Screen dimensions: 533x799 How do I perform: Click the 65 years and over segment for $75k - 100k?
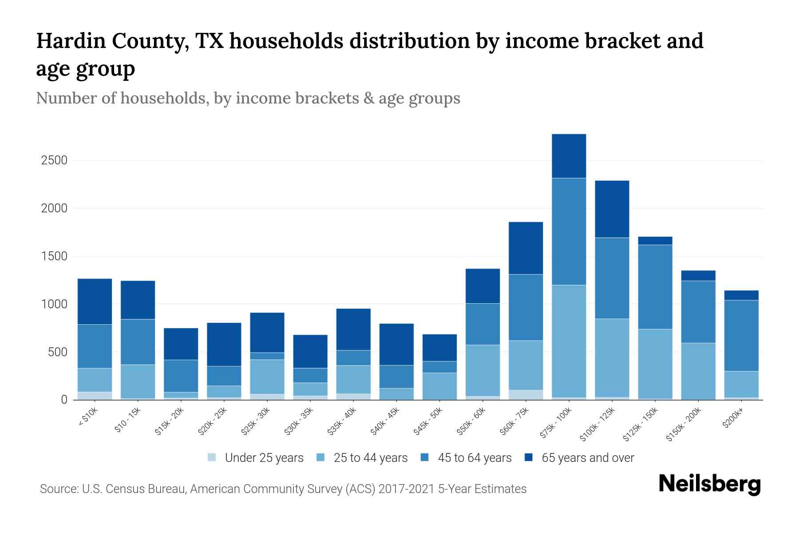tap(569, 156)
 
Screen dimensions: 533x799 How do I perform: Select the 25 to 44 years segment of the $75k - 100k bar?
tap(569, 341)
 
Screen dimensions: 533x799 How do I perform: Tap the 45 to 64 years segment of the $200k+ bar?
tap(741, 336)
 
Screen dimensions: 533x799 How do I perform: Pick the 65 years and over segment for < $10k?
tap(95, 302)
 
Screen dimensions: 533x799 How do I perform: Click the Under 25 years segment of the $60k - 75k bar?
tap(526, 395)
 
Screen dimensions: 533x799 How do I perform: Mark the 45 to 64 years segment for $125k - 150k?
tap(655, 287)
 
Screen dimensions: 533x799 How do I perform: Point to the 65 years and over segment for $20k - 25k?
tap(224, 344)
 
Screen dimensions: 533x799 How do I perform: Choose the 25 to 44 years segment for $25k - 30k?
tap(267, 377)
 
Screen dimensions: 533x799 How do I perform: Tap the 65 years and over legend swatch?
tap(529, 457)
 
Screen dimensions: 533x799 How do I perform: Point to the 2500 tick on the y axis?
tap(54, 160)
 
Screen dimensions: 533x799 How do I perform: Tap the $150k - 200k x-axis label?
tap(684, 425)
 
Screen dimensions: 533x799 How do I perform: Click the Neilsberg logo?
tap(709, 484)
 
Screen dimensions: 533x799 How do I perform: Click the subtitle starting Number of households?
tap(248, 98)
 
